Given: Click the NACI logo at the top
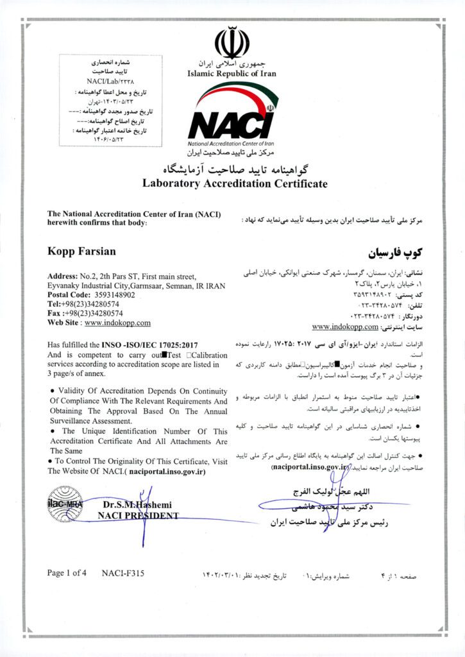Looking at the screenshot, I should (232, 122).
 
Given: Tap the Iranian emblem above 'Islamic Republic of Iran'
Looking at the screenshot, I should (232, 44).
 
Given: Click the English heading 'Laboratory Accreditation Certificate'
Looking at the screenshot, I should (235, 183).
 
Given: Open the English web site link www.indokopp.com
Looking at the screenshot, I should (117, 323).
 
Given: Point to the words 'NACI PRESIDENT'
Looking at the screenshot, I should (140, 515).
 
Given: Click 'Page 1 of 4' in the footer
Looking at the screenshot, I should (67, 573).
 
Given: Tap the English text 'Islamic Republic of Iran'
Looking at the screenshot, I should (232, 73).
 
